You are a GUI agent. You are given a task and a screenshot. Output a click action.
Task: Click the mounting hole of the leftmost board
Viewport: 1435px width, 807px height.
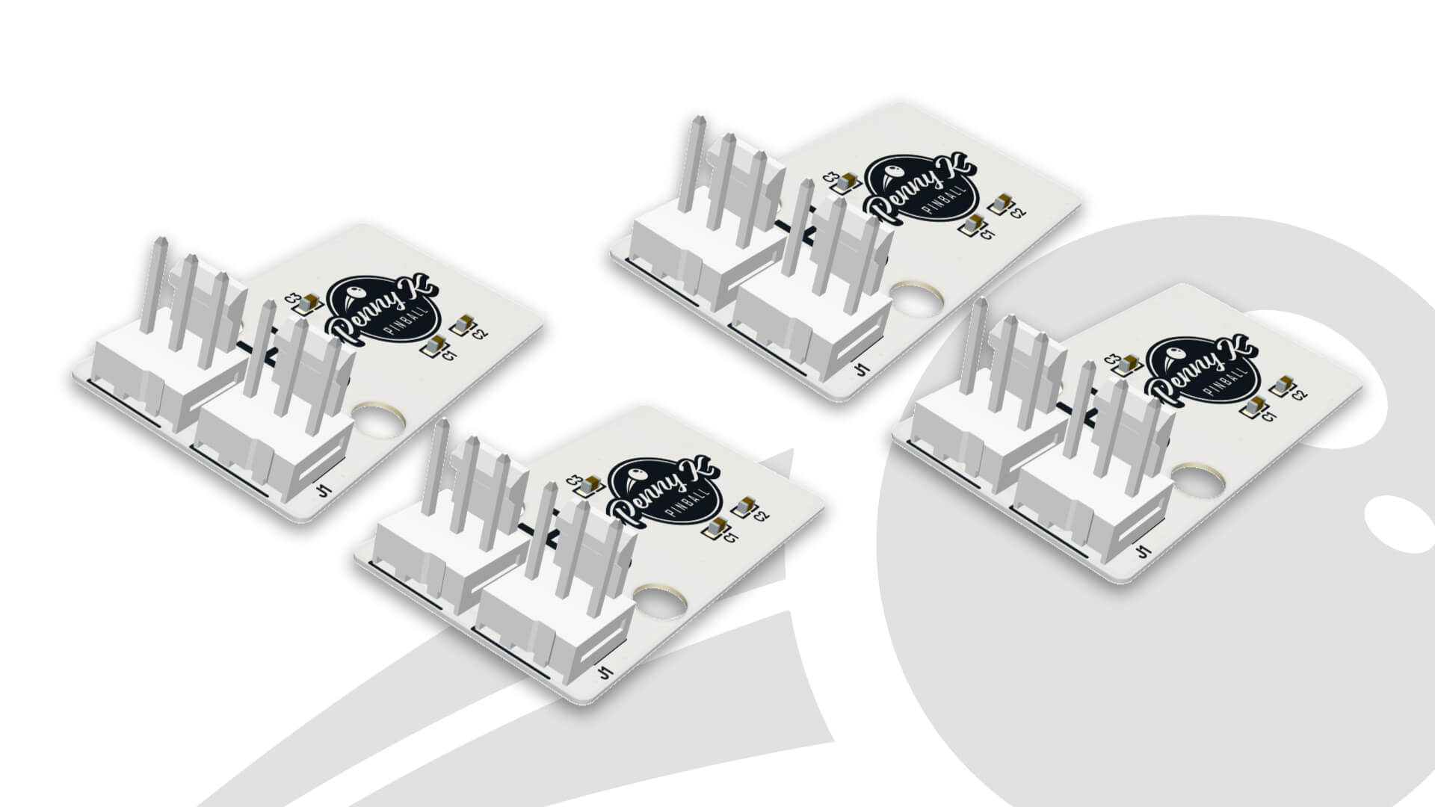[379, 421]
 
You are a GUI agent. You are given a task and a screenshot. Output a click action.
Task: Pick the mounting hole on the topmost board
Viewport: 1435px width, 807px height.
[916, 299]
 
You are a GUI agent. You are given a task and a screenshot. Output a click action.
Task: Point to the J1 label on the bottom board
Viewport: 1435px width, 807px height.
[605, 672]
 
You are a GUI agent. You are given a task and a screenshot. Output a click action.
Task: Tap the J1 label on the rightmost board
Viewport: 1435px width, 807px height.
[1141, 551]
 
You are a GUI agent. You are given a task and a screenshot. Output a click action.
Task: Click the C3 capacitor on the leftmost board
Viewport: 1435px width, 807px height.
[306, 304]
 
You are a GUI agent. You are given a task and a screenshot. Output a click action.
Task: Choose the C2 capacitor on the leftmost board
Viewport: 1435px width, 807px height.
[463, 324]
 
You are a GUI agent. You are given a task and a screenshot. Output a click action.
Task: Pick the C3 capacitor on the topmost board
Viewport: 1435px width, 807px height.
[845, 182]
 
